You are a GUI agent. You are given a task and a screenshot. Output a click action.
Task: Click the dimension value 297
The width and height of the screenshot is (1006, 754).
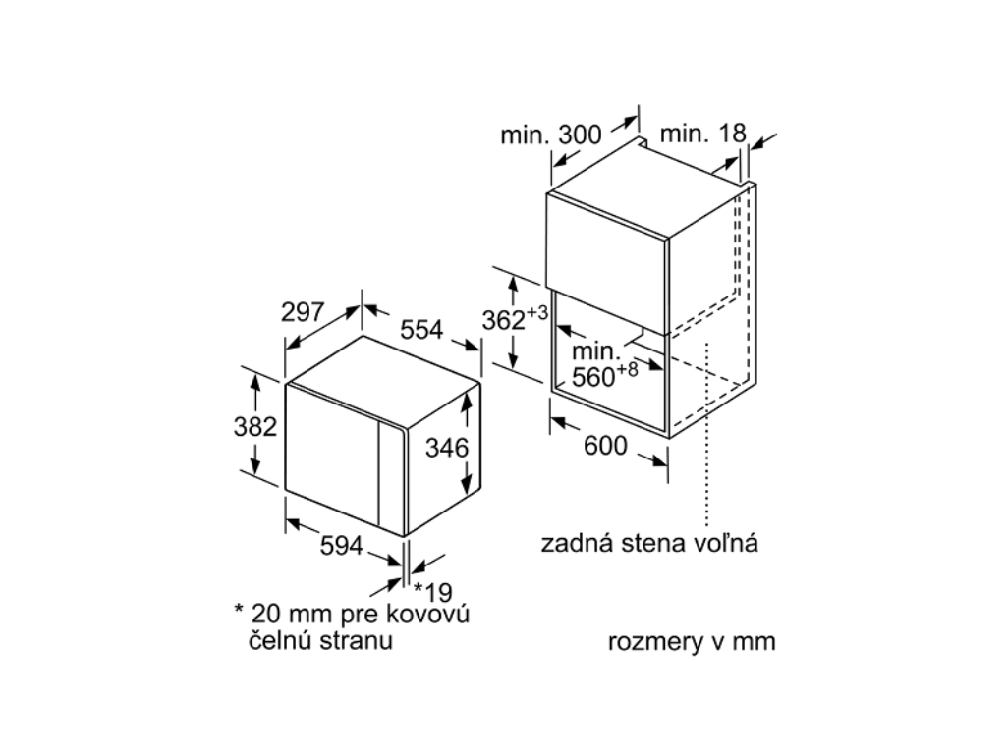(303, 313)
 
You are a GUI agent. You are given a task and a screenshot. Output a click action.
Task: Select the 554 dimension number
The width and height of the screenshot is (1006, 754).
(420, 330)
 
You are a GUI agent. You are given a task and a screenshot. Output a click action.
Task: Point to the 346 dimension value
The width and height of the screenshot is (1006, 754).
(446, 448)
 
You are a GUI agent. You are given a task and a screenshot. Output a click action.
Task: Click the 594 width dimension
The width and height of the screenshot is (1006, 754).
(342, 546)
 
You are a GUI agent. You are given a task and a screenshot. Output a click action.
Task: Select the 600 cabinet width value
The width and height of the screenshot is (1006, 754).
(605, 446)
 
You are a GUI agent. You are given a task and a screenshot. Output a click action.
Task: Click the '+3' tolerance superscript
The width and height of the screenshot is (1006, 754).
(536, 312)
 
